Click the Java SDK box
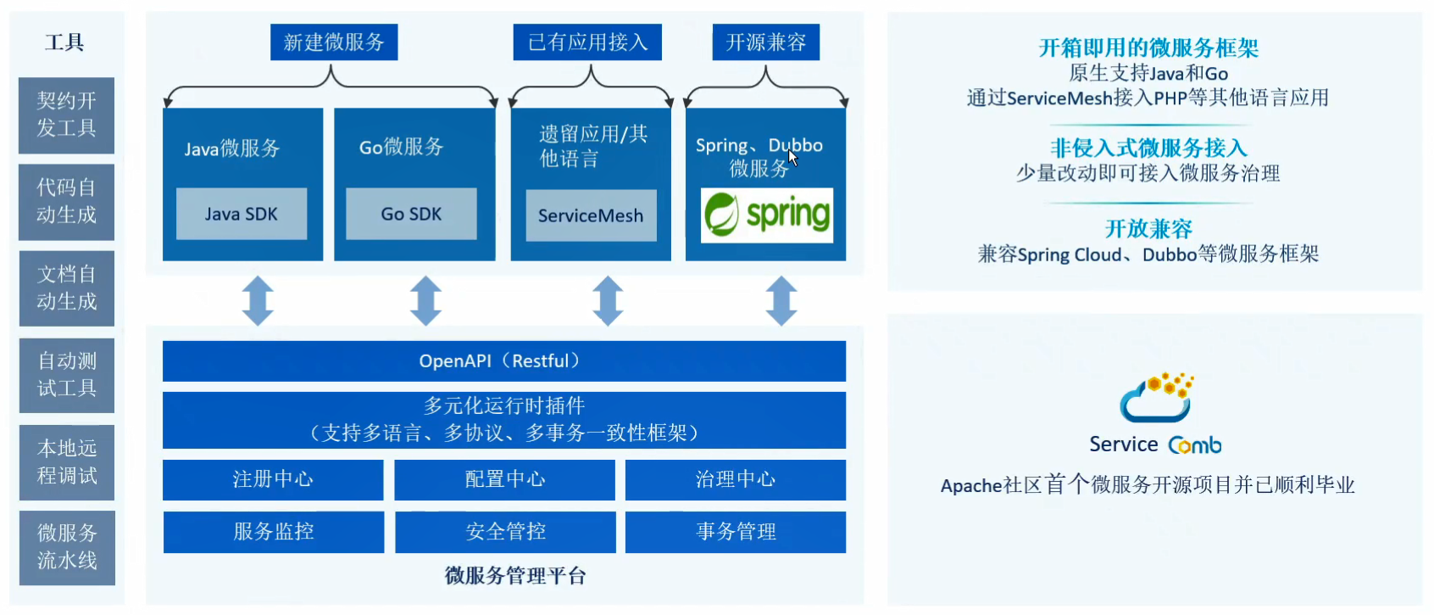tap(242, 214)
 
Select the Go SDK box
tap(411, 214)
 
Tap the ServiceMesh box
tap(591, 215)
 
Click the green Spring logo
tap(767, 215)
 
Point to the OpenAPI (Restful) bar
tap(503, 361)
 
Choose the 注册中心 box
tap(273, 480)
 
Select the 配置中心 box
tap(504, 480)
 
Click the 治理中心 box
tap(736, 480)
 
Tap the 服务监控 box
tap(274, 532)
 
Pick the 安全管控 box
tap(505, 532)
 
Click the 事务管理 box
tap(736, 532)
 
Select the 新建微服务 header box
tap(334, 42)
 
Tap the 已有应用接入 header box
tap(587, 42)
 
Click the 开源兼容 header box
tap(765, 42)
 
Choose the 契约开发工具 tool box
tap(67, 115)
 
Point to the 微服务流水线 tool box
tap(67, 548)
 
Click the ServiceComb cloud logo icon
tap(1157, 397)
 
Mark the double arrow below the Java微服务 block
tap(258, 300)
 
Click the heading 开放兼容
tap(1148, 229)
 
